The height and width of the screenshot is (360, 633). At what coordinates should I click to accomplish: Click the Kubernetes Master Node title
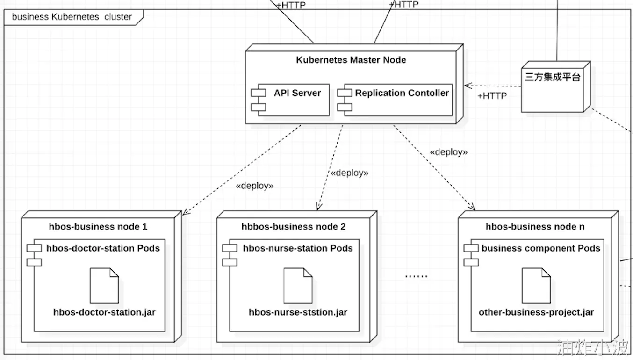click(351, 60)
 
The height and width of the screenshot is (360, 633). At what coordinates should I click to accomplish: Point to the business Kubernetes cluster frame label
click(72, 17)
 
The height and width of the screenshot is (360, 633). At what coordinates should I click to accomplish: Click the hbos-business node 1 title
click(98, 227)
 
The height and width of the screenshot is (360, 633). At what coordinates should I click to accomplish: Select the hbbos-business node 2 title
click(294, 227)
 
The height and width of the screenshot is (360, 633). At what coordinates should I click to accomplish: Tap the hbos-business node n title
click(535, 227)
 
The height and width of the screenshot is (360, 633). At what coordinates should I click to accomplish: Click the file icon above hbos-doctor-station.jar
click(104, 285)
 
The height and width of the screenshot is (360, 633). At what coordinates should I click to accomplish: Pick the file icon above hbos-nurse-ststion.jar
click(298, 285)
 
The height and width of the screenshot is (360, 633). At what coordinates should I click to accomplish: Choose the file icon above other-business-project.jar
click(536, 285)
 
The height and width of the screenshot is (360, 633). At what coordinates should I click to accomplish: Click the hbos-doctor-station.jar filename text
click(104, 312)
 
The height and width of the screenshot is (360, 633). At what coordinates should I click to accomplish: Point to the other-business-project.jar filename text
click(536, 312)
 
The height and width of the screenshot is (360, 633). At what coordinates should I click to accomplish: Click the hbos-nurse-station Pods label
click(298, 248)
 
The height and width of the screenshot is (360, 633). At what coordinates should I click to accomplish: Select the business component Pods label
click(541, 248)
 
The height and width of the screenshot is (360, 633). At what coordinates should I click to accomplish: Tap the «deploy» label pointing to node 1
click(255, 186)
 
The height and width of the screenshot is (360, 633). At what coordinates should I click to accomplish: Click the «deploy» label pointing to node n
click(449, 152)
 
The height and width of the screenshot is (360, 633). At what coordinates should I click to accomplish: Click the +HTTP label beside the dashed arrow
click(492, 96)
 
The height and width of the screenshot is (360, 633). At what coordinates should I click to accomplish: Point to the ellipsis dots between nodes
click(416, 276)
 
